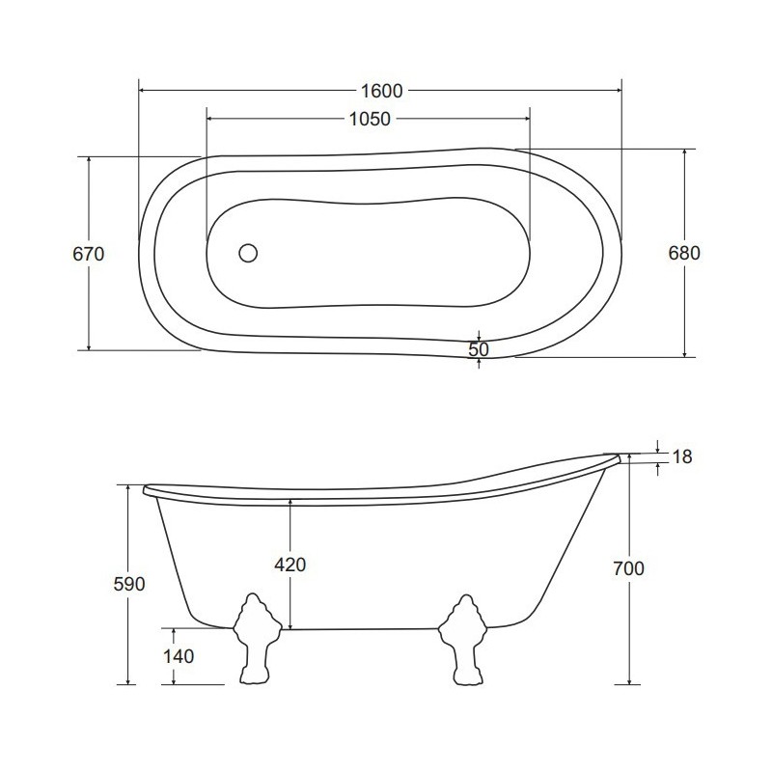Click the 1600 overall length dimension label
(x=381, y=91)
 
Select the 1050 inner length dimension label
(x=370, y=119)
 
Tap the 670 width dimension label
(x=89, y=254)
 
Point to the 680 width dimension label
(x=684, y=253)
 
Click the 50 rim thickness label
(x=479, y=349)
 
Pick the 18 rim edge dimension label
(x=682, y=456)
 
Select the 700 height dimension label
(x=629, y=568)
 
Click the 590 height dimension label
(x=129, y=584)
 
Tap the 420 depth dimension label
(x=290, y=565)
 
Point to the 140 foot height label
(x=179, y=656)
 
